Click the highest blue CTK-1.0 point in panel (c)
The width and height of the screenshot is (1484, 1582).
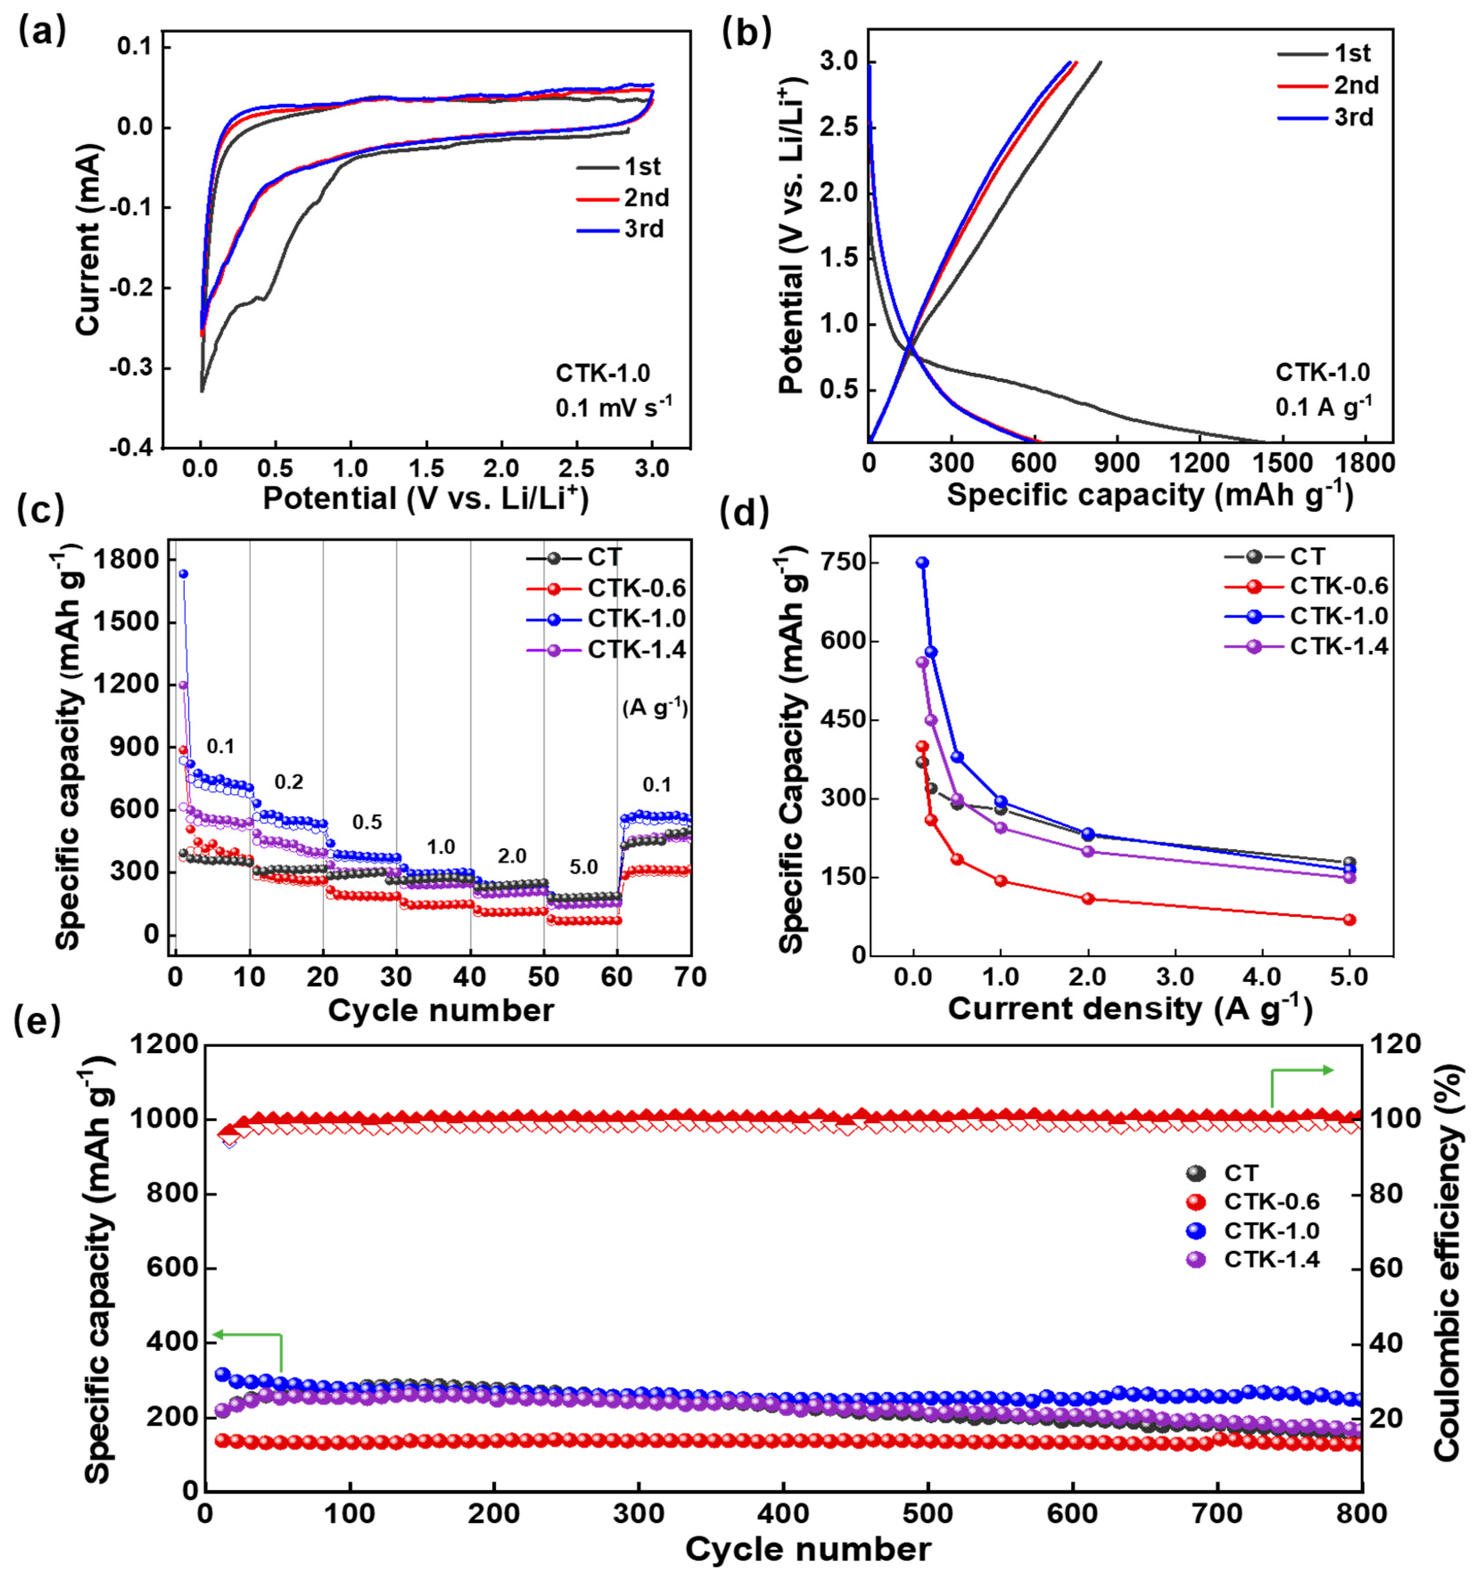[183, 573]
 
